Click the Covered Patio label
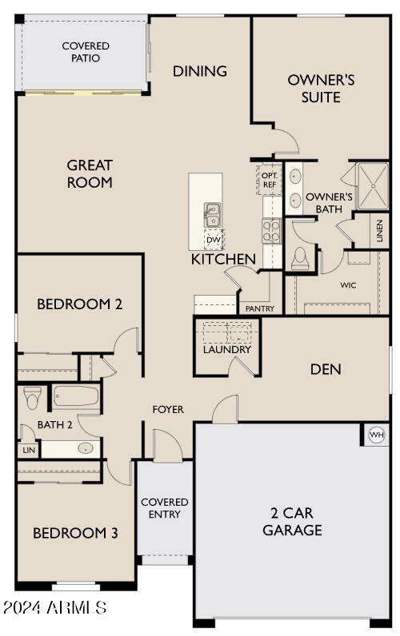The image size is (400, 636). point(86,52)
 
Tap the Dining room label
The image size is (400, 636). point(200,71)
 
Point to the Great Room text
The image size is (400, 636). point(90,173)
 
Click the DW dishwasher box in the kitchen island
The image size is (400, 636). point(213,239)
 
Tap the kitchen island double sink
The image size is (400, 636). point(213,214)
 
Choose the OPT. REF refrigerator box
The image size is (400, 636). point(270,180)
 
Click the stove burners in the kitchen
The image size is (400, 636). point(271,231)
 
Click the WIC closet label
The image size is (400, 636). point(348,284)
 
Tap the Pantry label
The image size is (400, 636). point(260,308)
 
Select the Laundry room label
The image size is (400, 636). point(227,349)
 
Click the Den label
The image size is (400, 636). point(326,369)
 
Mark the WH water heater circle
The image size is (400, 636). point(377,435)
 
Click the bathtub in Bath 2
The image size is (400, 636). point(75,396)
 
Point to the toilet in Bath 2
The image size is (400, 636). point(33,397)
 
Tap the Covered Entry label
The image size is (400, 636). point(165,508)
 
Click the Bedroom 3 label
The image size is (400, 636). point(75,533)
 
